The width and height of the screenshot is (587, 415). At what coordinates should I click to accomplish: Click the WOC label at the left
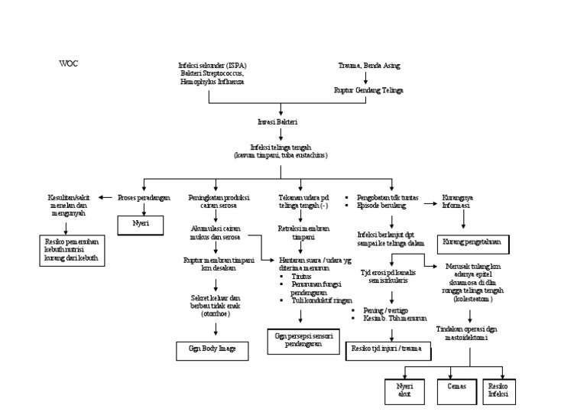click(68, 63)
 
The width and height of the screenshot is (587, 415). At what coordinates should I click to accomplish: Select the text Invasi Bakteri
click(282, 122)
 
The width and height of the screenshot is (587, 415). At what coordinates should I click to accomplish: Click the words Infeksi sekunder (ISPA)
click(210, 67)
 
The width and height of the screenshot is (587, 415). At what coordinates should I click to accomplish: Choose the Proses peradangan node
click(143, 197)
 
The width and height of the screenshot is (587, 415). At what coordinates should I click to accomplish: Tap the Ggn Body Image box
click(213, 348)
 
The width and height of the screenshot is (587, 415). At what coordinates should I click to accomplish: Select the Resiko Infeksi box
click(497, 391)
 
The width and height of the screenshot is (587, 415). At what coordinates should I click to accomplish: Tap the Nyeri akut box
click(404, 391)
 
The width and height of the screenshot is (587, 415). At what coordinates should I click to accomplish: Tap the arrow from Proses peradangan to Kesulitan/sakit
click(107, 198)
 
